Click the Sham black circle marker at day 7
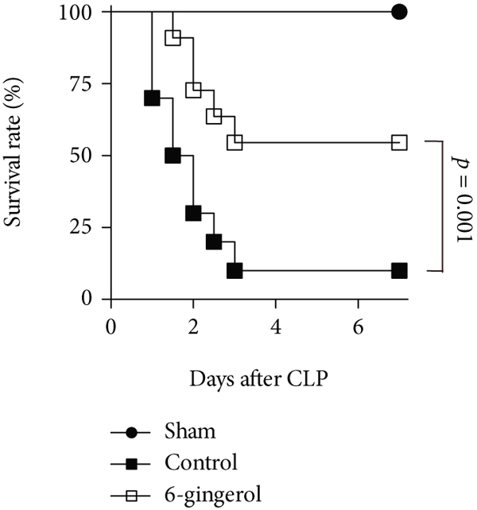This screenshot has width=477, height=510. click(x=399, y=12)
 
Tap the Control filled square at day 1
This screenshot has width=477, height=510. click(x=152, y=98)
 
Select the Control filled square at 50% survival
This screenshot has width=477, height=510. click(x=173, y=155)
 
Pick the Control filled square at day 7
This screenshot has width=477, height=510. click(x=399, y=270)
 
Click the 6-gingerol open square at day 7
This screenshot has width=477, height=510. click(x=399, y=142)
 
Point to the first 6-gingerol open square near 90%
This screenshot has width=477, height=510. click(x=173, y=37)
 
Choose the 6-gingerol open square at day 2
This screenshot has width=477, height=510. click(x=193, y=90)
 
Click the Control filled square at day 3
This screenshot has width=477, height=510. click(x=235, y=270)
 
